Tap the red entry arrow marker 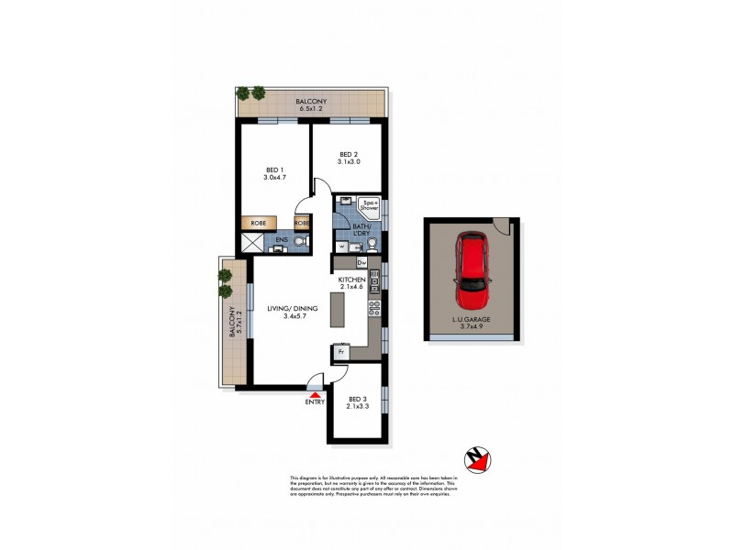pos(314,393)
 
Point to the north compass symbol pos(474,459)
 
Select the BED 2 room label pos(348,154)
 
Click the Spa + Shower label pos(370,204)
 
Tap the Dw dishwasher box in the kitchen pos(361,263)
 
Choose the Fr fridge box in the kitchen pos(340,351)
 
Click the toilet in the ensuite pos(305,241)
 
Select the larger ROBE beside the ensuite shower pos(258,222)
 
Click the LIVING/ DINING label pos(294,309)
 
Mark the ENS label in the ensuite pos(281,241)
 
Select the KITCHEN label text pos(352,279)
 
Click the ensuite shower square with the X pos(250,242)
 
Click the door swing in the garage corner pos(499,225)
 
